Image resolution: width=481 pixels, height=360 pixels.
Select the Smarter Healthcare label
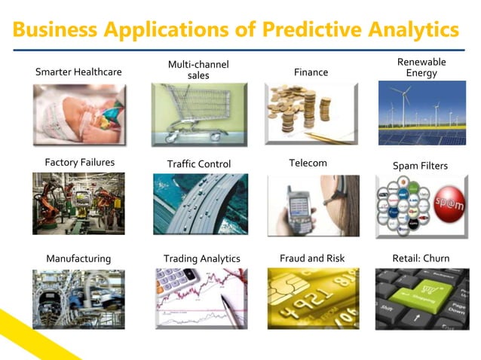click(78, 72)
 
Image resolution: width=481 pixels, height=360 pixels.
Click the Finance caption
click(311, 72)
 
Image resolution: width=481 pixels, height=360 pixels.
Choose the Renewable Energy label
click(421, 67)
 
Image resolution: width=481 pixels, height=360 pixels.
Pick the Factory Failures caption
click(78, 163)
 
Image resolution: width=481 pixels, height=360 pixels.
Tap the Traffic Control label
click(199, 163)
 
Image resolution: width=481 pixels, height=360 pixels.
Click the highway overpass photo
click(199, 204)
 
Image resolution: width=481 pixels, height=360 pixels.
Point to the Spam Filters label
click(420, 165)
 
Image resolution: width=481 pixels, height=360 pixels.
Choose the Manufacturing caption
click(78, 258)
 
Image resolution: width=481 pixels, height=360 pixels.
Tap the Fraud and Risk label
click(312, 258)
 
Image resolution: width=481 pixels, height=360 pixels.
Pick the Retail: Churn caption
click(421, 258)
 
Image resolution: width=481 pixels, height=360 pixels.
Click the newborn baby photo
click(78, 114)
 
